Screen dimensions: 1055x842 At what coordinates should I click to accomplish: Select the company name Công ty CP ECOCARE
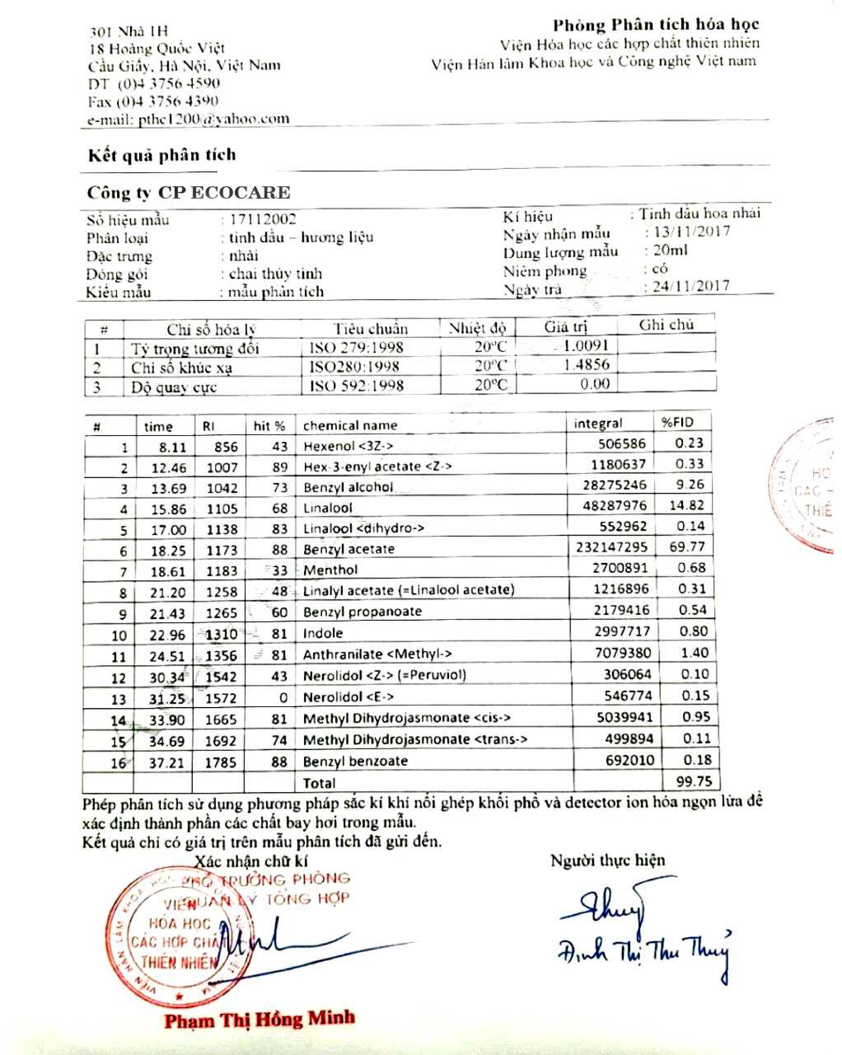pyautogui.click(x=188, y=193)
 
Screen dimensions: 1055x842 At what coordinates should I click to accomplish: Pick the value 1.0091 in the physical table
pyautogui.click(x=586, y=346)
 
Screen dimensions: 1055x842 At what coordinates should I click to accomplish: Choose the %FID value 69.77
pyautogui.click(x=686, y=546)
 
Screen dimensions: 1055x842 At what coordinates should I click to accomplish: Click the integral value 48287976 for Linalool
pyautogui.click(x=614, y=506)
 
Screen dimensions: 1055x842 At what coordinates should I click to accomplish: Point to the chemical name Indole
pyautogui.click(x=323, y=633)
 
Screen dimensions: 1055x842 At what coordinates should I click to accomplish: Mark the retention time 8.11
pyautogui.click(x=172, y=447)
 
